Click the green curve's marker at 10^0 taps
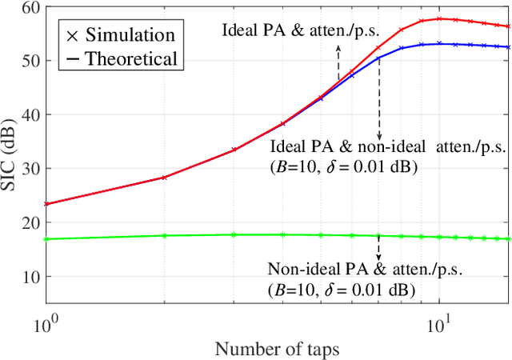pyautogui.click(x=46, y=238)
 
